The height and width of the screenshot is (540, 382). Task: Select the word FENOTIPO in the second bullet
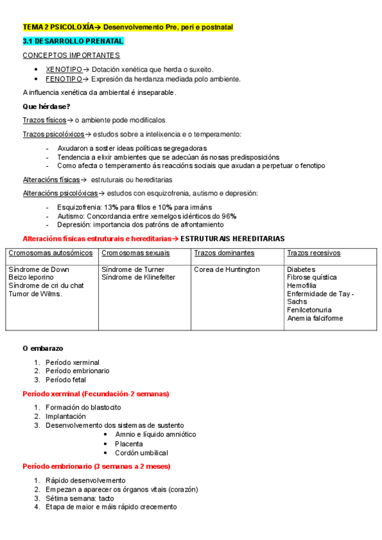(64, 79)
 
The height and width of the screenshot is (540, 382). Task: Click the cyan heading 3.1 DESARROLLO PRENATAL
(73, 41)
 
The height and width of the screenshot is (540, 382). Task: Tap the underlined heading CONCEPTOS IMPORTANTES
(71, 55)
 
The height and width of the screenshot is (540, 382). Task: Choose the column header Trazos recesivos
(313, 253)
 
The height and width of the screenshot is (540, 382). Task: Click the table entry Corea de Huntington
(227, 269)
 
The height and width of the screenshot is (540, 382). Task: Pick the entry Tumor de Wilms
(35, 294)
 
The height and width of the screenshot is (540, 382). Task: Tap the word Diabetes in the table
(302, 269)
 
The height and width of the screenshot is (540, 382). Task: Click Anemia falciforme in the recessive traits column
(315, 318)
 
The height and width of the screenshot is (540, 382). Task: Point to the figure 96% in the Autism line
(229, 216)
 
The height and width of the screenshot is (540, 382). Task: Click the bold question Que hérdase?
(46, 106)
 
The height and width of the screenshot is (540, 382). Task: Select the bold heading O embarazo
(43, 348)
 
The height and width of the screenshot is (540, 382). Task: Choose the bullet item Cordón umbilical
(142, 453)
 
